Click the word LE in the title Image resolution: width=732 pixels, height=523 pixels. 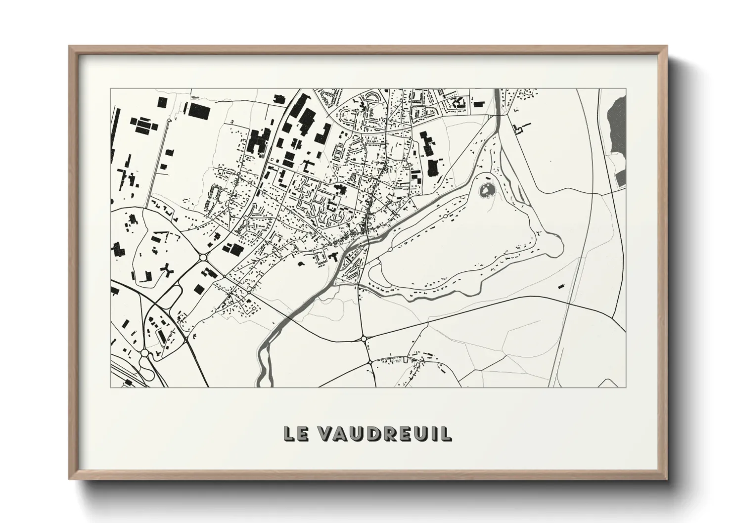point(296,433)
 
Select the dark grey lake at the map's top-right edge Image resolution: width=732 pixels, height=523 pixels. point(618,124)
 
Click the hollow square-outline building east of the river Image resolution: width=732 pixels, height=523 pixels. point(518,130)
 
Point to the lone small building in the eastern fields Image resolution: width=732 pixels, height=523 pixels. point(560,286)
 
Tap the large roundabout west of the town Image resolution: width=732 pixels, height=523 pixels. point(203,257)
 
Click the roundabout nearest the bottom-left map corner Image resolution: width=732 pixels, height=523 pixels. point(144,353)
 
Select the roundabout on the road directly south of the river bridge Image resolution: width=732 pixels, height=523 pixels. point(365,338)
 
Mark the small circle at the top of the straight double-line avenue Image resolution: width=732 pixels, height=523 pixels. point(169,120)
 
